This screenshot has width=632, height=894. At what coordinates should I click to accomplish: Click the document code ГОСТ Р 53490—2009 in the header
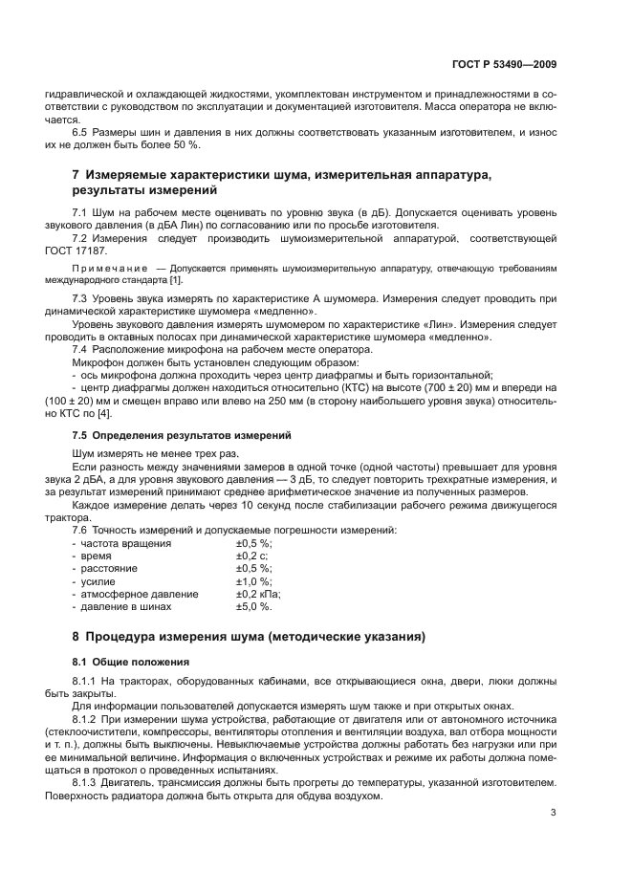504,65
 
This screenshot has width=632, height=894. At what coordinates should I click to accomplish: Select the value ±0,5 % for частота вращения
253,543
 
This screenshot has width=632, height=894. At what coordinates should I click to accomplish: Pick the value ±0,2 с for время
251,556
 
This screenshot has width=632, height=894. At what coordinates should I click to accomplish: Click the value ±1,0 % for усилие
253,581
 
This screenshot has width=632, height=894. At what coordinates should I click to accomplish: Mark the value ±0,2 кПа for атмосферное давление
257,594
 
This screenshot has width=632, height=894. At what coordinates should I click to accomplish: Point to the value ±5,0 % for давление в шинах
253,606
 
